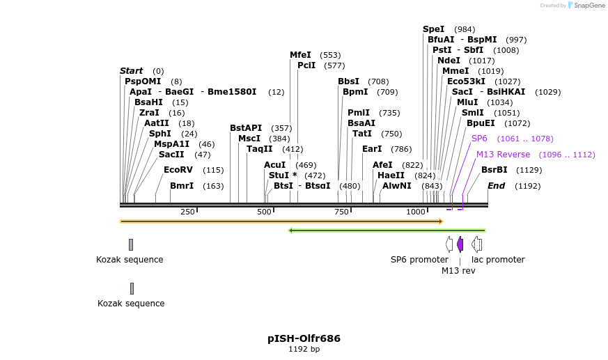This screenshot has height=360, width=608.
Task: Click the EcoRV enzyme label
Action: click(x=178, y=170)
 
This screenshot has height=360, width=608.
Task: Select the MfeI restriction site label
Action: click(x=301, y=55)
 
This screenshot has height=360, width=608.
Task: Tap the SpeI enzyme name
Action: click(x=433, y=29)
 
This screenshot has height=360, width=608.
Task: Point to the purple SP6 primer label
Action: click(x=479, y=139)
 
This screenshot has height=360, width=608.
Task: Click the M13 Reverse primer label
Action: click(x=503, y=155)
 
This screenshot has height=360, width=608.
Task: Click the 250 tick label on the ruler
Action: click(x=187, y=212)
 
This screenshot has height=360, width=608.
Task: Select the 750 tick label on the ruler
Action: click(x=341, y=212)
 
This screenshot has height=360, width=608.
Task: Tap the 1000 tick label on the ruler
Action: click(x=416, y=212)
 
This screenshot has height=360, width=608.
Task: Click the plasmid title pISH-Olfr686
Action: click(x=304, y=338)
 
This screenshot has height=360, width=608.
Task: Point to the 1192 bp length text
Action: click(x=304, y=350)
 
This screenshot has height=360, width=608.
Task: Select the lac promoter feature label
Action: click(x=498, y=260)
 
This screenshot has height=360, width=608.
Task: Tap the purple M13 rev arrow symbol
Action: click(x=460, y=244)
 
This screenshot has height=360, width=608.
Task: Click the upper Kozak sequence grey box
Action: click(x=130, y=244)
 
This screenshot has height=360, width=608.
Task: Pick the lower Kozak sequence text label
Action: click(x=131, y=304)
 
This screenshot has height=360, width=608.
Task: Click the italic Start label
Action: click(x=131, y=71)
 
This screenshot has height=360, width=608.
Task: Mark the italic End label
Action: click(x=496, y=186)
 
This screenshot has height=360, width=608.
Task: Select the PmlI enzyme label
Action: click(x=359, y=113)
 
